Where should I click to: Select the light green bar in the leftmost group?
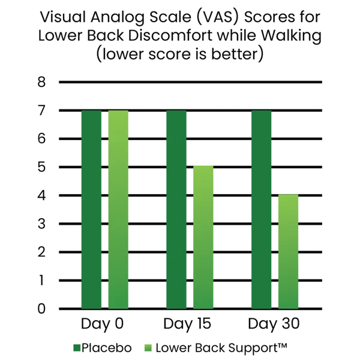(x=118, y=210)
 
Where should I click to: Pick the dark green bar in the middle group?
(x=175, y=210)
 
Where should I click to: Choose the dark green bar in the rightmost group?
(x=262, y=210)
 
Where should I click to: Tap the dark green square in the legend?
(x=76, y=348)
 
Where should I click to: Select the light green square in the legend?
(x=148, y=348)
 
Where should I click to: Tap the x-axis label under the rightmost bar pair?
(x=275, y=325)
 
